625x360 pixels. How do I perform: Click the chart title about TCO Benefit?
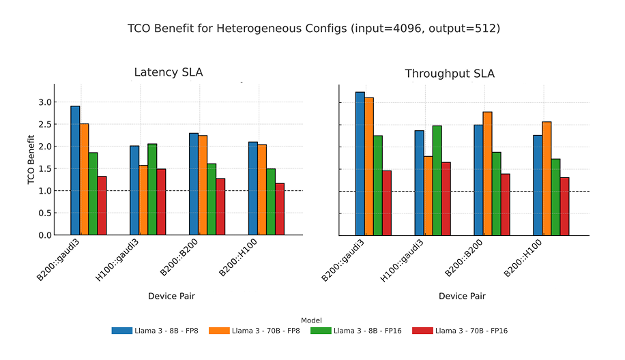(313, 29)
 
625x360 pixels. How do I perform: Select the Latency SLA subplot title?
(168, 73)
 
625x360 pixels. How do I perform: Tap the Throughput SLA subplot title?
(450, 74)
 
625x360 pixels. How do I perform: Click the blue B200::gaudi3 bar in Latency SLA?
(75, 170)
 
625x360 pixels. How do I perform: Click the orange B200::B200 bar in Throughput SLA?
(487, 173)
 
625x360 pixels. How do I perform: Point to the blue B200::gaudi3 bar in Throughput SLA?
(360, 164)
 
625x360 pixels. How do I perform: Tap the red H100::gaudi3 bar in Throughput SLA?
(446, 198)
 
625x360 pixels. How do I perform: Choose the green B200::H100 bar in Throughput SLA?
(555, 197)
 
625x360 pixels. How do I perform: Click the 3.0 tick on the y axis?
(44, 102)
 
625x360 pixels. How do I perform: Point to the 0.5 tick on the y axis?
(44, 213)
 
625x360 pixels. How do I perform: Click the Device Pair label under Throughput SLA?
(462, 296)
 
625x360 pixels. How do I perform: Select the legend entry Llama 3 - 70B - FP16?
(471, 331)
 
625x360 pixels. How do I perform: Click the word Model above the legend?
(311, 320)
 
